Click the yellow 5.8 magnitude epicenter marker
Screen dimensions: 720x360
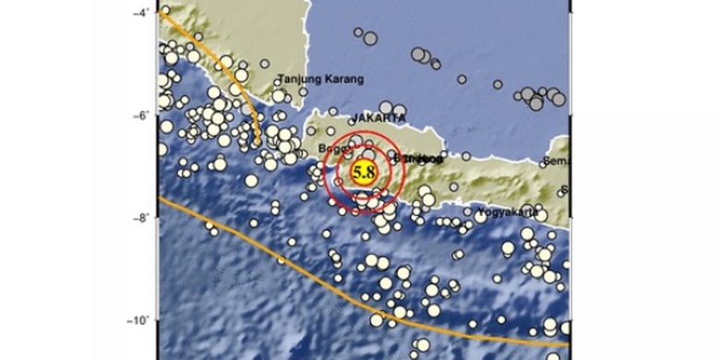pyautogui.click(x=364, y=172)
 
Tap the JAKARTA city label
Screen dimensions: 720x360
pyautogui.click(x=378, y=118)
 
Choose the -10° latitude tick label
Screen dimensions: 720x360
pyautogui.click(x=139, y=320)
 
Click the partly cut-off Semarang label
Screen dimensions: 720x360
pyautogui.click(x=558, y=162)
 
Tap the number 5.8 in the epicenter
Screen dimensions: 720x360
pyautogui.click(x=364, y=172)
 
